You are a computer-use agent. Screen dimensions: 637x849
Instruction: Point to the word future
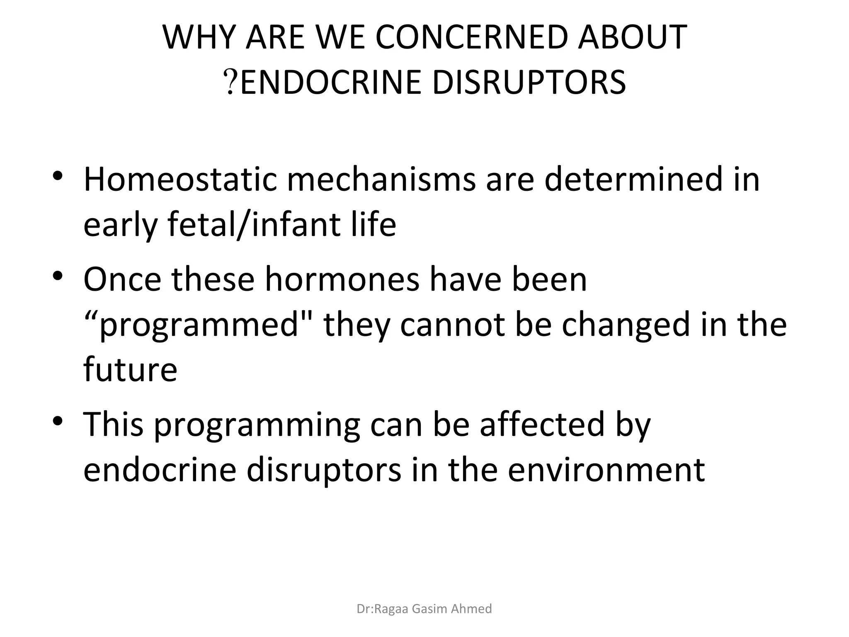[130, 369]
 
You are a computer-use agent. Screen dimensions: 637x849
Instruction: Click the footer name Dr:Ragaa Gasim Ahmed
[424, 609]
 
